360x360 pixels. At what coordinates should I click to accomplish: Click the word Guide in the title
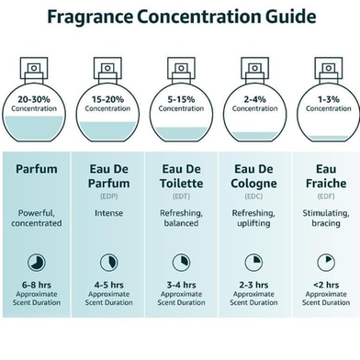[291, 17]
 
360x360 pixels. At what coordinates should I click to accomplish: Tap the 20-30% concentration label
[34, 99]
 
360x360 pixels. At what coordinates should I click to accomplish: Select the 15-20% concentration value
[107, 99]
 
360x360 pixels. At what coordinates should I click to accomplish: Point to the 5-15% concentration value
[181, 99]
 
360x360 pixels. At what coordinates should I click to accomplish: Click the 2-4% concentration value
[254, 99]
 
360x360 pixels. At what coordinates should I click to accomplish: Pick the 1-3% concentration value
[329, 99]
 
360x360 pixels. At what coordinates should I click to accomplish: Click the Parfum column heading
[37, 169]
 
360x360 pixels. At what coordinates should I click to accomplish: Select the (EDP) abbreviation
[109, 197]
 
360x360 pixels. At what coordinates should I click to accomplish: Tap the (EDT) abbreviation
[181, 197]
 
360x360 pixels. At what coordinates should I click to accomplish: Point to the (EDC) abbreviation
[253, 197]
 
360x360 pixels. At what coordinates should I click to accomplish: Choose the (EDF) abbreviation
[326, 197]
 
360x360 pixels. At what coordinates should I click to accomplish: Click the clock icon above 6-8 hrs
[37, 263]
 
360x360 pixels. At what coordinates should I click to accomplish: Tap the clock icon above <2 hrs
[326, 263]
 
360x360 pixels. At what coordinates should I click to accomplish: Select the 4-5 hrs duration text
[109, 285]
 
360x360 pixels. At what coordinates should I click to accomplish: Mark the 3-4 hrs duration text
[181, 285]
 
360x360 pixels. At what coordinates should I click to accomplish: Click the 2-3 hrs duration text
[253, 285]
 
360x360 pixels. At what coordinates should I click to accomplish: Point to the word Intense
[109, 213]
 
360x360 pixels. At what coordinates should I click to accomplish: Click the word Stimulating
[326, 213]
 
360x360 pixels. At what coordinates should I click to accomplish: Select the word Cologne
[253, 184]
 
